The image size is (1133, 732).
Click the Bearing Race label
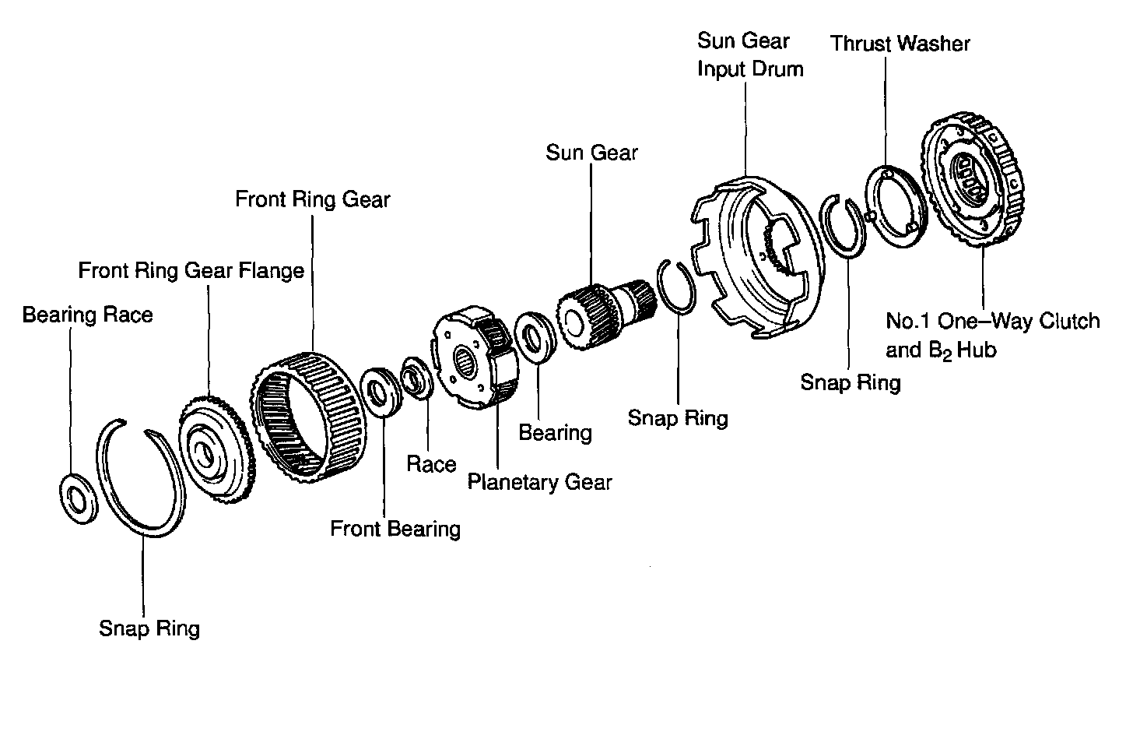coord(87,315)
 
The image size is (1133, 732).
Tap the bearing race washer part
coord(78,496)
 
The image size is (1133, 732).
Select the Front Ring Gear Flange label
coord(191,271)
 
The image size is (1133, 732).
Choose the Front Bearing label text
coord(395,530)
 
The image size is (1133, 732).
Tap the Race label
coord(431,465)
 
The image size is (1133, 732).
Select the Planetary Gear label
coord(539,483)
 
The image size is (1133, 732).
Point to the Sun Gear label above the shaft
coord(591,153)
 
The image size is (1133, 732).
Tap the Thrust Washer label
coord(900,44)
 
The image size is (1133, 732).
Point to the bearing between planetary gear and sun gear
coord(535,336)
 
